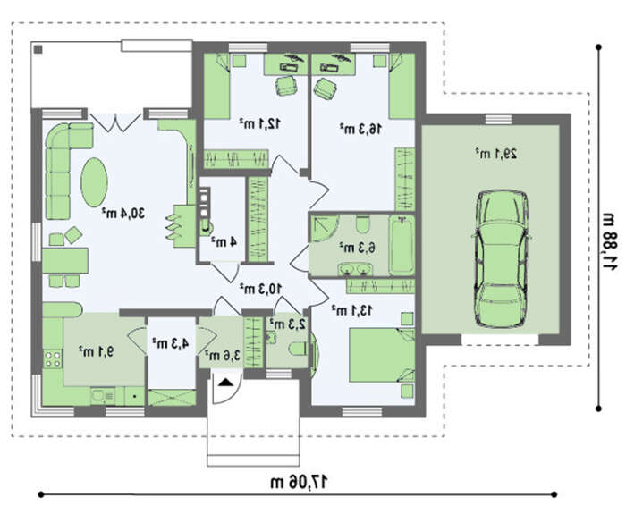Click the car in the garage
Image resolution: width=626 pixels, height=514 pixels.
coord(502,259)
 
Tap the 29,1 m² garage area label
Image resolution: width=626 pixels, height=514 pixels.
coord(496,154)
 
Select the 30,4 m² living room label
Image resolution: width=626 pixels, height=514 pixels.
coord(123,213)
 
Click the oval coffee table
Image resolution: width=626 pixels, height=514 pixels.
coord(94,182)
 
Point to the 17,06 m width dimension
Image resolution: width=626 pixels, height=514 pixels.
coord(299,482)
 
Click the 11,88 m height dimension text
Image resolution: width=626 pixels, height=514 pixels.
coord(610,241)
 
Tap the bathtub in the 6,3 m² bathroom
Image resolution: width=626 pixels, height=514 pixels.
coord(402,245)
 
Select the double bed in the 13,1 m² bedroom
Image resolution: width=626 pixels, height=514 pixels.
coord(382,355)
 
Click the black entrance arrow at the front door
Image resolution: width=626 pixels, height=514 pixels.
coord(225,383)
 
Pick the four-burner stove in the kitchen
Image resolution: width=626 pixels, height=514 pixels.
coord(53,358)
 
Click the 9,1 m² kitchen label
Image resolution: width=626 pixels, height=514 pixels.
coord(97,351)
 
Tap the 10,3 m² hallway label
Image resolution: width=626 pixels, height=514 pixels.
coord(260,288)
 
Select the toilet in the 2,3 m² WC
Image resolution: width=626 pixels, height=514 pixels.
coord(298,349)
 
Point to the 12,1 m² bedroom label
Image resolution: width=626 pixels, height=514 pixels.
coord(260,123)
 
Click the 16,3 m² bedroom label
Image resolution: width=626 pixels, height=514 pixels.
coord(360,129)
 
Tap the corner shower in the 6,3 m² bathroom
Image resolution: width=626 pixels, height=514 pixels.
coord(324,228)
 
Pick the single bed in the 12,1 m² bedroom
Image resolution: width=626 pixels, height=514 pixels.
coord(216,86)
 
